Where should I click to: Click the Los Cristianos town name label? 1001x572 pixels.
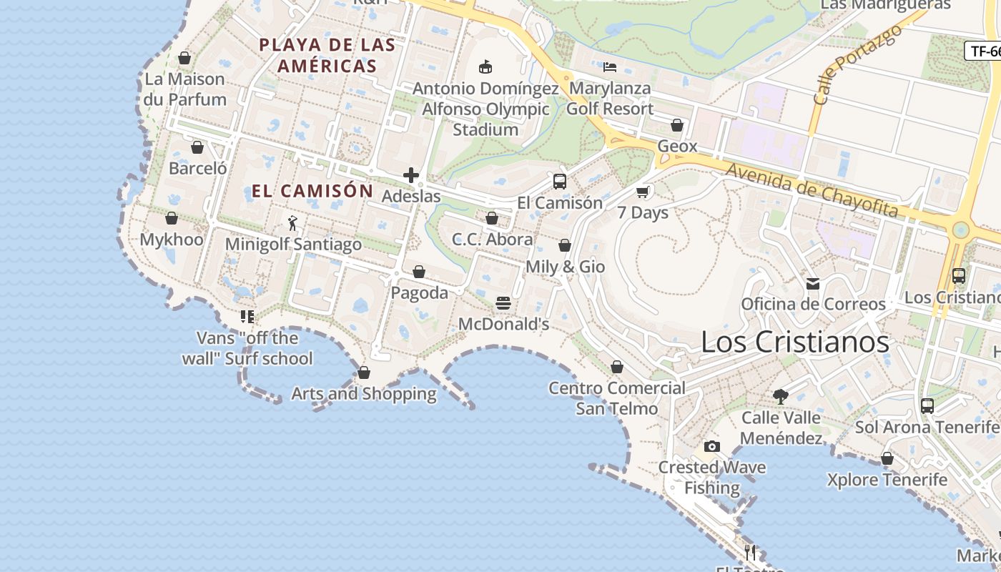(794, 342)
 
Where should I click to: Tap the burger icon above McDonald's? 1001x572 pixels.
(503, 303)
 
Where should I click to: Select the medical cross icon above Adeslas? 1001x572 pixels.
(411, 175)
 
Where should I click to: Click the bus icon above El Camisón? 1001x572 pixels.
(560, 181)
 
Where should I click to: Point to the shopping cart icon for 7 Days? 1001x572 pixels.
(642, 192)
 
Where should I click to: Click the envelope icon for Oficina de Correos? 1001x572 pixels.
(813, 284)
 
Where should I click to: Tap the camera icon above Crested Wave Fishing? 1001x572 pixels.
(711, 447)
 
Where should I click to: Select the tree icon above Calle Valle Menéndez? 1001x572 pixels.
(780, 396)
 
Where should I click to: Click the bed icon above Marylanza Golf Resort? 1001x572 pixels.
(610, 67)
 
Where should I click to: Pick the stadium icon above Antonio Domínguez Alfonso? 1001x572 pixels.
(485, 67)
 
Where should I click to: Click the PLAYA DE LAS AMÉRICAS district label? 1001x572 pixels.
(327, 55)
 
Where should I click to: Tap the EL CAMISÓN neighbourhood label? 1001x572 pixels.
(312, 191)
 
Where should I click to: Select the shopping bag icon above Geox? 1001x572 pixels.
(677, 126)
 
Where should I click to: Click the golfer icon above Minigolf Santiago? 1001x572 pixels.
(292, 223)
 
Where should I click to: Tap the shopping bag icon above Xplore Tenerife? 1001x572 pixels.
(887, 459)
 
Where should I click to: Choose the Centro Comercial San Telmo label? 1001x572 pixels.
(616, 398)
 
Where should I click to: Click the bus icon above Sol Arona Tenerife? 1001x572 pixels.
(927, 406)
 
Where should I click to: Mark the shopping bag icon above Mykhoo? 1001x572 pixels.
(172, 219)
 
